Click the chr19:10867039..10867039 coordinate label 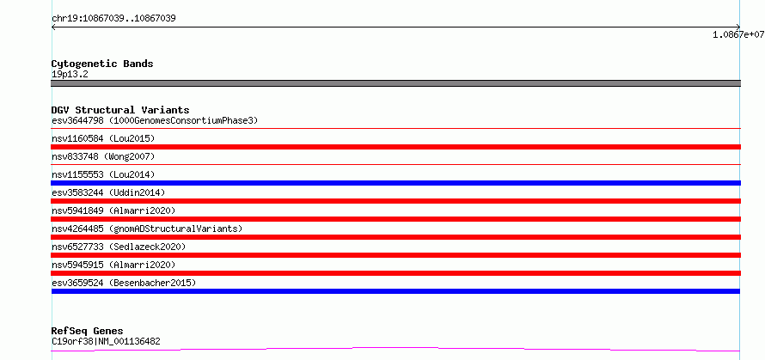113,19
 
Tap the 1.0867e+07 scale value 738,34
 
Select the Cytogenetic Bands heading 102,64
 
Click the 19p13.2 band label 70,75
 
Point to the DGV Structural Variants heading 120,110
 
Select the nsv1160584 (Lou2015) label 103,138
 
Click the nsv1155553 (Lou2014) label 103,174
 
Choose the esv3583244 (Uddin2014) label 108,192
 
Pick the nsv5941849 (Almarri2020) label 113,211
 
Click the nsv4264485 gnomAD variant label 147,229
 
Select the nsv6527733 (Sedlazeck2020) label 119,247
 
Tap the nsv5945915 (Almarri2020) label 113,265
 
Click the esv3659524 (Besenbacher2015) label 124,283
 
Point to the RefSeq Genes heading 88,332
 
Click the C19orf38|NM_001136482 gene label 106,342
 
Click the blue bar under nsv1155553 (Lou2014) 395,183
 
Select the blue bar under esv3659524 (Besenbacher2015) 395,291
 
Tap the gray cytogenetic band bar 395,83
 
